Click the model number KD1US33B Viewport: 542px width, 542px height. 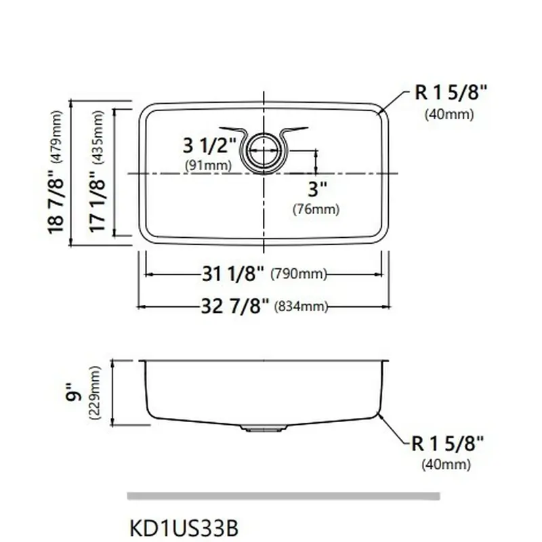[184, 528]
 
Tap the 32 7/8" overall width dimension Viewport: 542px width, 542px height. [234, 306]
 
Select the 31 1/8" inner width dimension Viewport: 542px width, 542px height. [232, 274]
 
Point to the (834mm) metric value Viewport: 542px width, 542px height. [301, 306]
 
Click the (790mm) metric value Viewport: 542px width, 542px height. [299, 274]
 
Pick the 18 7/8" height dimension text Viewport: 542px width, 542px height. [56, 203]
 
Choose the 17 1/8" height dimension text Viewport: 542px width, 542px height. [97, 202]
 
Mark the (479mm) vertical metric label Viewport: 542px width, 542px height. [57, 137]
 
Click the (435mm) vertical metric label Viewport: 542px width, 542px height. [98, 137]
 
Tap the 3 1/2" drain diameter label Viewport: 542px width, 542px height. [209, 145]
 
